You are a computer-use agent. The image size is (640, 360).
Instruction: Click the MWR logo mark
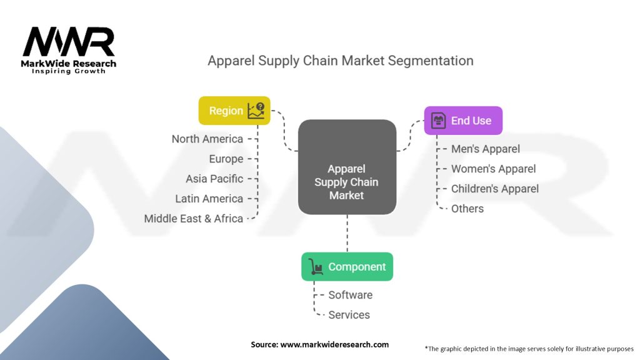tap(69, 42)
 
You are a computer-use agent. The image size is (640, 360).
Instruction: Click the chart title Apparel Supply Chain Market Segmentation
tap(340, 61)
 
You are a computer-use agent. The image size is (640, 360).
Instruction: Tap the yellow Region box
tap(234, 111)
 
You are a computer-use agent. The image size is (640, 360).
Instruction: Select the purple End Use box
tap(463, 121)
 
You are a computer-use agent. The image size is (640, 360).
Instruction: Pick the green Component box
tap(347, 267)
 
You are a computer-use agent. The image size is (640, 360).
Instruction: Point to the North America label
tap(207, 139)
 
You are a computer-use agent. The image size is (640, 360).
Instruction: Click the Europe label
tap(226, 159)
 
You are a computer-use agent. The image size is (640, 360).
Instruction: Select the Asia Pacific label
tap(214, 179)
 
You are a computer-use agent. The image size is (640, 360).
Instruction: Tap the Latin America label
tap(209, 199)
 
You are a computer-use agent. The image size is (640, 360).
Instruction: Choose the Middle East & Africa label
tap(193, 219)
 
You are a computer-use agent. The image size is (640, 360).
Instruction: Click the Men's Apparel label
tap(486, 149)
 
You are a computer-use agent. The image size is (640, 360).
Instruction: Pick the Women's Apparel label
tap(493, 169)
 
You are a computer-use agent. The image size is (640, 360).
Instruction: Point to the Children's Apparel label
tap(494, 189)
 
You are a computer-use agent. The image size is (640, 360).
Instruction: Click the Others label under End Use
tap(467, 209)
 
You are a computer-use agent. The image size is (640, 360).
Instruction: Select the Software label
tap(350, 295)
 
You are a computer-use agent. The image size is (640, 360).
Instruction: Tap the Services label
tap(349, 315)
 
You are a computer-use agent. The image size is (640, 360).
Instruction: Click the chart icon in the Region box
tap(256, 111)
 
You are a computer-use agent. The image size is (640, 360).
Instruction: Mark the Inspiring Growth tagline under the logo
tap(69, 71)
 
